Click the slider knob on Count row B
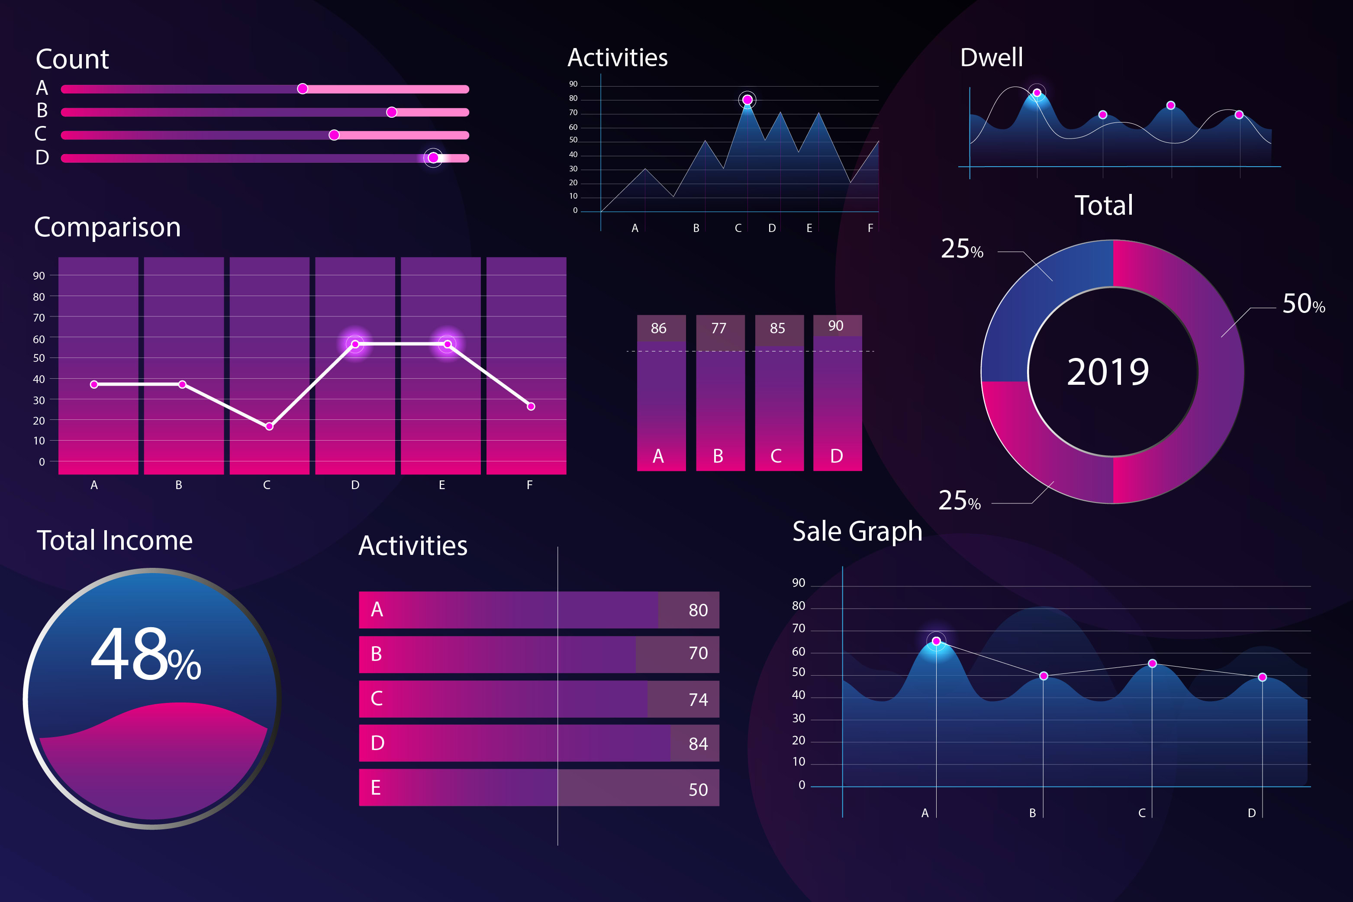(391, 112)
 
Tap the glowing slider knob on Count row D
(433, 158)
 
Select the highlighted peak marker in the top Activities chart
(747, 100)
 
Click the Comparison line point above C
(269, 426)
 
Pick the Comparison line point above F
(531, 407)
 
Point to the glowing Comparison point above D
(355, 344)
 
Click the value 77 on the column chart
(718, 328)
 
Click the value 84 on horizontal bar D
(698, 744)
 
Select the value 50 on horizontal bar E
(698, 789)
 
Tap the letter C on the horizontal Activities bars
(377, 699)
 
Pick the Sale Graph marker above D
(1262, 677)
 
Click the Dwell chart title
(991, 58)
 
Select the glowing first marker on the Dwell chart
(1037, 93)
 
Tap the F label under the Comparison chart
(529, 485)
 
